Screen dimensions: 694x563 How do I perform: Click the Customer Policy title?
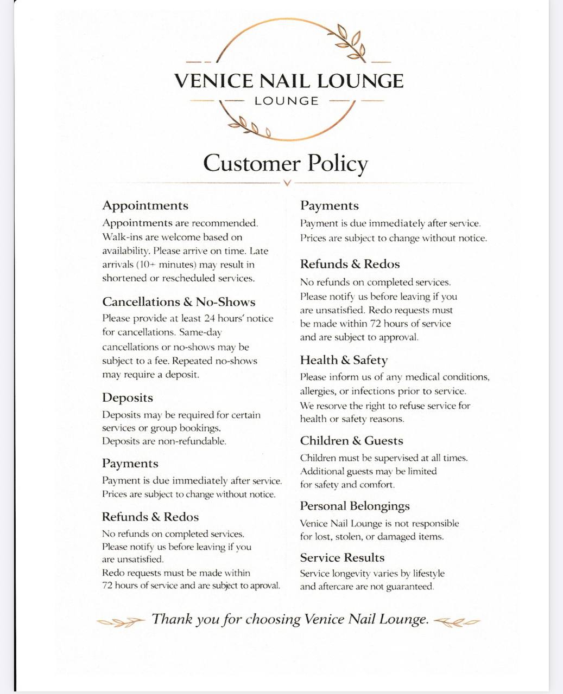[286, 164]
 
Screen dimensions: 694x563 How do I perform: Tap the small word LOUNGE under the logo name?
[287, 101]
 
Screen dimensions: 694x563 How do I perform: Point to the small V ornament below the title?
[287, 183]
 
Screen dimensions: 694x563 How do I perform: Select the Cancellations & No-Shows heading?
[179, 302]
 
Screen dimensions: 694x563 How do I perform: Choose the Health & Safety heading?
[344, 360]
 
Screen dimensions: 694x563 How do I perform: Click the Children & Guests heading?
[351, 441]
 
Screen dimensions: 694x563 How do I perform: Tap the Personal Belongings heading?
[355, 506]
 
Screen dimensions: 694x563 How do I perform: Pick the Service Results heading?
[342, 557]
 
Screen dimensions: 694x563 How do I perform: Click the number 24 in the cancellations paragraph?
[210, 318]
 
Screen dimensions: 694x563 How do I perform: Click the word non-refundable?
[192, 441]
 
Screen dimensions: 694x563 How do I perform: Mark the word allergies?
[317, 391]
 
